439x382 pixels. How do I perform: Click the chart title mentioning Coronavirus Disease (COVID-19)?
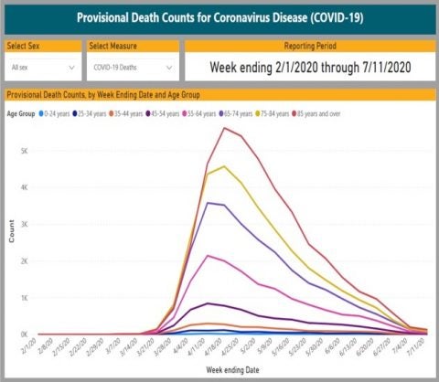[x=219, y=16]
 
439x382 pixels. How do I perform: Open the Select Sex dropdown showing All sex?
[x=42, y=67]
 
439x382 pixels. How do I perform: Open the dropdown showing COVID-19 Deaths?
[x=134, y=67]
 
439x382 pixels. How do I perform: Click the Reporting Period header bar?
[x=308, y=45]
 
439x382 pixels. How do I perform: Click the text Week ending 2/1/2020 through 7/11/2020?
[x=308, y=66]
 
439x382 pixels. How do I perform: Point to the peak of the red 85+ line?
[x=224, y=128]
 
